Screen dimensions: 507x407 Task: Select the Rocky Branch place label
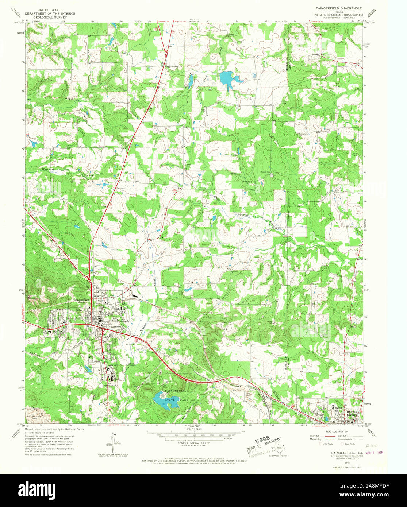[x=171, y=67]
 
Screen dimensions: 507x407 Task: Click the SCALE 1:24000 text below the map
[x=194, y=429]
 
